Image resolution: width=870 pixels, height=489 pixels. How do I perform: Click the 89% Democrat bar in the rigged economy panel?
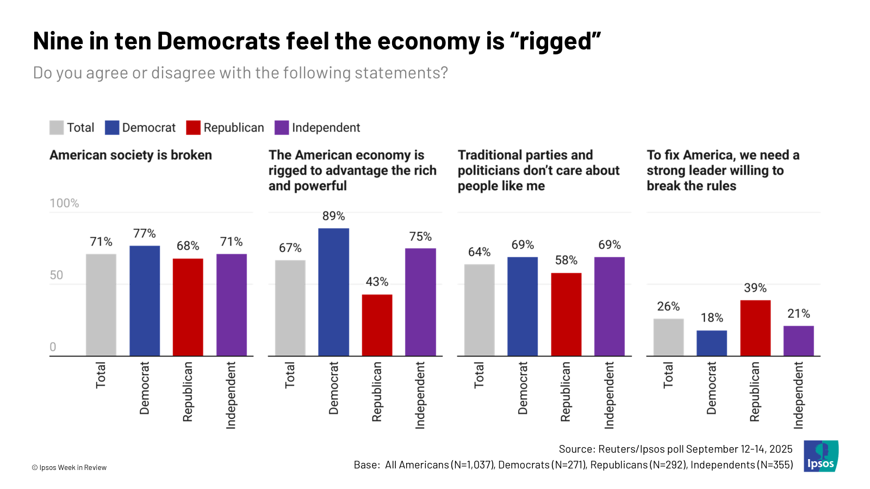pos(333,292)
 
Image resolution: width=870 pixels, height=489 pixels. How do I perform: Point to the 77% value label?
pos(145,234)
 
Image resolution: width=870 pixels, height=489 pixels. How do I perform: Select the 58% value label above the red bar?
pos(566,260)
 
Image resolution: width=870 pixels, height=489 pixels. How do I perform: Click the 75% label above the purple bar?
pos(420,237)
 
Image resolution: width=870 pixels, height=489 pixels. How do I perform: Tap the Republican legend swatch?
pos(193,128)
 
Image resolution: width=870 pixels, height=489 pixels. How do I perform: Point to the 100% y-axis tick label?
pos(64,203)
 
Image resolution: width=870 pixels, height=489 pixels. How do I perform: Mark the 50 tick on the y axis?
pos(57,275)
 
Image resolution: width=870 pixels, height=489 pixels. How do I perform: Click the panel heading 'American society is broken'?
pos(130,155)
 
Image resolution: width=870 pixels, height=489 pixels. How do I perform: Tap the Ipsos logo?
pos(821,456)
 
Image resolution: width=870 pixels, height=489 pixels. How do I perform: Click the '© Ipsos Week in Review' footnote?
pos(69,467)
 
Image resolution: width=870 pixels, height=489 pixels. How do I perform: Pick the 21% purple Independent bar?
pos(799,341)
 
